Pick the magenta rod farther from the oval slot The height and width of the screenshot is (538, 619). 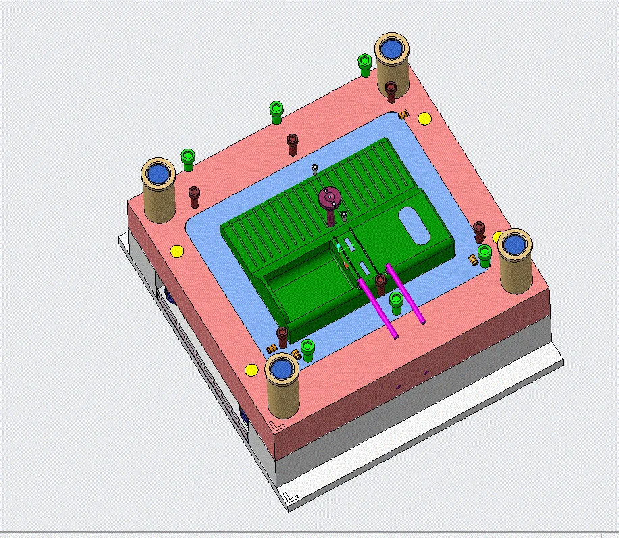(x=378, y=307)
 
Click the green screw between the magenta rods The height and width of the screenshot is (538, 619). (x=396, y=301)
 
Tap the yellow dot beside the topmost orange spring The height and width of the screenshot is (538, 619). (x=424, y=119)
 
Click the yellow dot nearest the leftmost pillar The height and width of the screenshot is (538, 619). (x=176, y=251)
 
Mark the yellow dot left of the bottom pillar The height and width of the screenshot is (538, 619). (x=251, y=369)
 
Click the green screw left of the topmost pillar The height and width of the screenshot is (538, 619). (x=364, y=65)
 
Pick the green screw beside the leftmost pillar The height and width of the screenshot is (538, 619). (x=188, y=159)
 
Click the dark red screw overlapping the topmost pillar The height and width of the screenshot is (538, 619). (x=391, y=90)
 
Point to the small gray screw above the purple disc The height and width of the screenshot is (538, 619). (x=314, y=168)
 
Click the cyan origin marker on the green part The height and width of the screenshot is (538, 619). (x=339, y=247)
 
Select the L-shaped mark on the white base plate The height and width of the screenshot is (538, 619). (x=291, y=498)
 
